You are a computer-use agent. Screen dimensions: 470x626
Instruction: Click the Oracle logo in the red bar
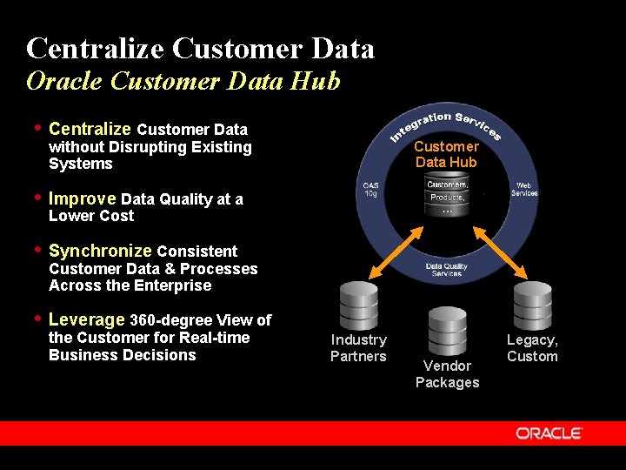[548, 433]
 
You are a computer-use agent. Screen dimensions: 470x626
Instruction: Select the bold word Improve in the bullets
[83, 198]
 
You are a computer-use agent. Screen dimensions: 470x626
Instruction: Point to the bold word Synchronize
[101, 251]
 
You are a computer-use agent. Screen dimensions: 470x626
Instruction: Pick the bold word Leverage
[87, 319]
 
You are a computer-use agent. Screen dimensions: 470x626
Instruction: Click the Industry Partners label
[358, 347]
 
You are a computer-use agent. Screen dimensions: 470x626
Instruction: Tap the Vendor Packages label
[447, 374]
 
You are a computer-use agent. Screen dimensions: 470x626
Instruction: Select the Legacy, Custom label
[532, 347]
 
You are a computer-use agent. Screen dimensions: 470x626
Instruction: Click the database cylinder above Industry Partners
[359, 303]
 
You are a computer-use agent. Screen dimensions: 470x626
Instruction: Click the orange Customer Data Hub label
[447, 154]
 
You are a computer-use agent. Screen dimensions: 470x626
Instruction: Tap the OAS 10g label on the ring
[370, 189]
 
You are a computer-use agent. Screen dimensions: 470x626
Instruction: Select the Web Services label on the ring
[524, 189]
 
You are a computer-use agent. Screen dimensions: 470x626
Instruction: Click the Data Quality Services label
[447, 270]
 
